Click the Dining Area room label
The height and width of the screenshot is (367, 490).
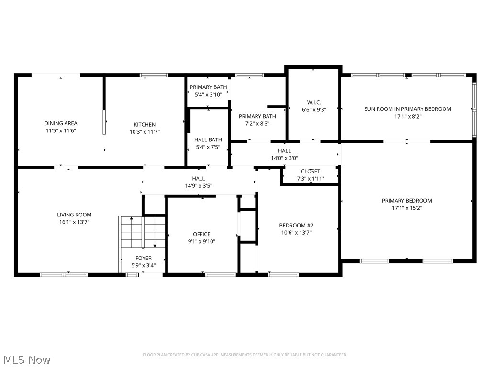61,123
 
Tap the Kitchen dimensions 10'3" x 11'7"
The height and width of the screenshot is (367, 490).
145,132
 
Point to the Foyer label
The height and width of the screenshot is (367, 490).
144,258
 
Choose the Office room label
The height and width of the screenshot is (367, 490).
201,234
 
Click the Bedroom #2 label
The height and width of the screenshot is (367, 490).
296,225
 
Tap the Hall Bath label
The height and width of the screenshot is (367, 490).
208,140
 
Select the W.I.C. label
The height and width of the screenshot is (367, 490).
314,102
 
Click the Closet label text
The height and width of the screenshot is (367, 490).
311,171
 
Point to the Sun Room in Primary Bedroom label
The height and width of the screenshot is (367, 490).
408,109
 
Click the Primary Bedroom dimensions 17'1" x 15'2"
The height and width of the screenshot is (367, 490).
407,208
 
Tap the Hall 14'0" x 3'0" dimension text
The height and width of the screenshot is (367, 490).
284,158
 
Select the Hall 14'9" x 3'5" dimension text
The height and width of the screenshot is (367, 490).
198,186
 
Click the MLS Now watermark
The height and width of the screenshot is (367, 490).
26,359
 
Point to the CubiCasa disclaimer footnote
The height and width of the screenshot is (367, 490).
245,355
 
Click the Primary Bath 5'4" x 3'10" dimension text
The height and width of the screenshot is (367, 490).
208,95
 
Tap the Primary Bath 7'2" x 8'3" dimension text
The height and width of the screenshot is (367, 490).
257,123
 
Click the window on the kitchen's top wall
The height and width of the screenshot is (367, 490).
154,75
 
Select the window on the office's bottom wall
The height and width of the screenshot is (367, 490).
221,274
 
